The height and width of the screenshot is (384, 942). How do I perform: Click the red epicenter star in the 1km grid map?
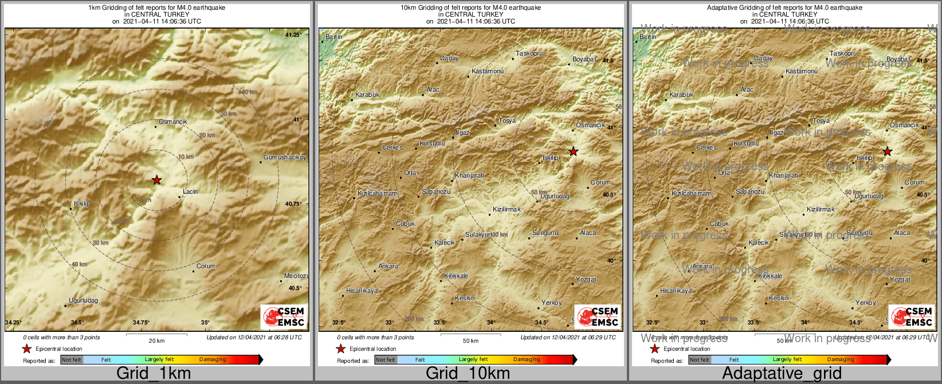click(156, 180)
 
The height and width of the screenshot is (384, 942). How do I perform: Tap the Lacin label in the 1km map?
click(190, 191)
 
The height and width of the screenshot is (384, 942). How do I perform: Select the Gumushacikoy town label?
click(284, 157)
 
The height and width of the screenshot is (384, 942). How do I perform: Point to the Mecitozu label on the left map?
click(296, 276)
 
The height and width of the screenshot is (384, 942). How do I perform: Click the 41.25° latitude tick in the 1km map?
click(293, 36)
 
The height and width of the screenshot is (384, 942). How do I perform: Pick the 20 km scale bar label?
click(156, 340)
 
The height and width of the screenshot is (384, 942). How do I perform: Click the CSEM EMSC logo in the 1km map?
click(283, 317)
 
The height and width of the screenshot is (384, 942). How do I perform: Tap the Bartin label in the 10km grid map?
click(333, 37)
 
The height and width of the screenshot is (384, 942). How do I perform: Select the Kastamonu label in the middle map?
click(488, 71)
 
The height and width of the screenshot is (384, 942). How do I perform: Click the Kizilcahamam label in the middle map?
click(377, 193)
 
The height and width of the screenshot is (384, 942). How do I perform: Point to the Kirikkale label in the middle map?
click(456, 276)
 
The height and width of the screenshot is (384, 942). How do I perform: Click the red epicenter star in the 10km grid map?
click(573, 151)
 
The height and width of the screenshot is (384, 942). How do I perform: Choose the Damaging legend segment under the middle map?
click(527, 359)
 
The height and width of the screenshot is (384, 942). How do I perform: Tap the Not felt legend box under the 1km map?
click(72, 359)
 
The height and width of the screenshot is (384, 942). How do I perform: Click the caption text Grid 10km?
click(468, 374)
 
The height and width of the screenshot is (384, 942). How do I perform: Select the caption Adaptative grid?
click(782, 374)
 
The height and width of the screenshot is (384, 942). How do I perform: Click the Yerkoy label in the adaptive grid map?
click(865, 303)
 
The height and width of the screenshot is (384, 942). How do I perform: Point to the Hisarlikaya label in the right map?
click(676, 291)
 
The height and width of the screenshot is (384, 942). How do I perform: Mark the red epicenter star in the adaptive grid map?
click(887, 151)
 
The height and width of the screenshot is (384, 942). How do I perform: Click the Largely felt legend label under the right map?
click(787, 359)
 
